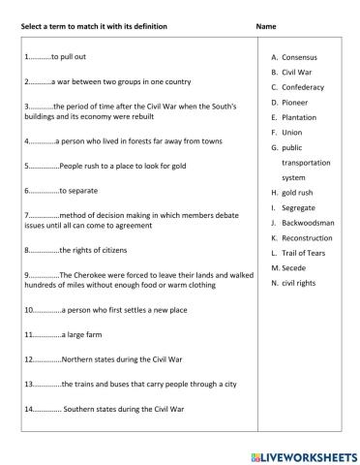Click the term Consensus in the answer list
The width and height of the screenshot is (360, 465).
click(x=299, y=57)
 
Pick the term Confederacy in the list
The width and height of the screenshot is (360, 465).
click(x=302, y=87)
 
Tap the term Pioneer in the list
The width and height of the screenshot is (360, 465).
click(x=295, y=102)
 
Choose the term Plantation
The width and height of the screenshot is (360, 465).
click(x=299, y=117)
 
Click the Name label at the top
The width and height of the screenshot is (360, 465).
click(x=267, y=25)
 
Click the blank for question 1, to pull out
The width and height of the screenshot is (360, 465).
click(x=42, y=58)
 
